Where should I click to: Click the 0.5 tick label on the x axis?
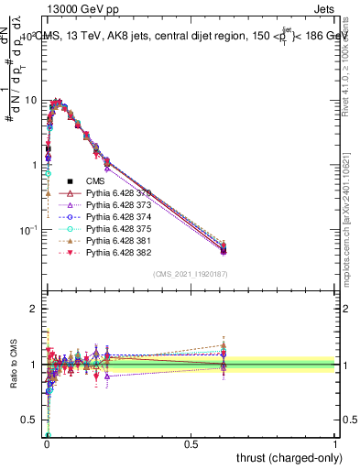[x=191, y=443]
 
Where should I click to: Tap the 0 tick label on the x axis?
[x=47, y=443]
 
